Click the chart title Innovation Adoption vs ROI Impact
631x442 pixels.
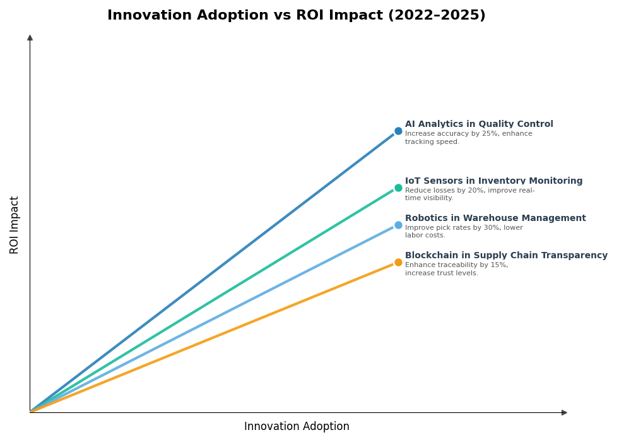click(296, 16)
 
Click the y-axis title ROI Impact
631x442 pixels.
click(15, 225)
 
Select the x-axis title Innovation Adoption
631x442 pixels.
click(297, 427)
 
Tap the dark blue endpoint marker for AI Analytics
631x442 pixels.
click(398, 131)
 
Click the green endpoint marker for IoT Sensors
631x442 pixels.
click(398, 188)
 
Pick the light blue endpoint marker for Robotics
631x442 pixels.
click(398, 225)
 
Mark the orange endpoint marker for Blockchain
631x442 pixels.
click(398, 263)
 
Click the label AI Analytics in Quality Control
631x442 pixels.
click(479, 124)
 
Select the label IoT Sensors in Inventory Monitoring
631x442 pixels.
click(493, 181)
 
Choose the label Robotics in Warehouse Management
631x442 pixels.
click(495, 218)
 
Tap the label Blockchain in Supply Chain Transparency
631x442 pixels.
click(506, 256)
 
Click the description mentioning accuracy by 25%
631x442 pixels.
click(468, 138)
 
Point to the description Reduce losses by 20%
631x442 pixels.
click(469, 194)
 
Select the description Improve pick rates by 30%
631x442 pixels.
click(464, 232)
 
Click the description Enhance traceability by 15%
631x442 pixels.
click(456, 269)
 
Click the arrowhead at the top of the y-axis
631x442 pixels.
click(30, 38)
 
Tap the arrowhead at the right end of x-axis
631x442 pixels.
click(564, 412)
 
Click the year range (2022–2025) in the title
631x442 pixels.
click(437, 16)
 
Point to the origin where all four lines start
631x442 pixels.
click(30, 412)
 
